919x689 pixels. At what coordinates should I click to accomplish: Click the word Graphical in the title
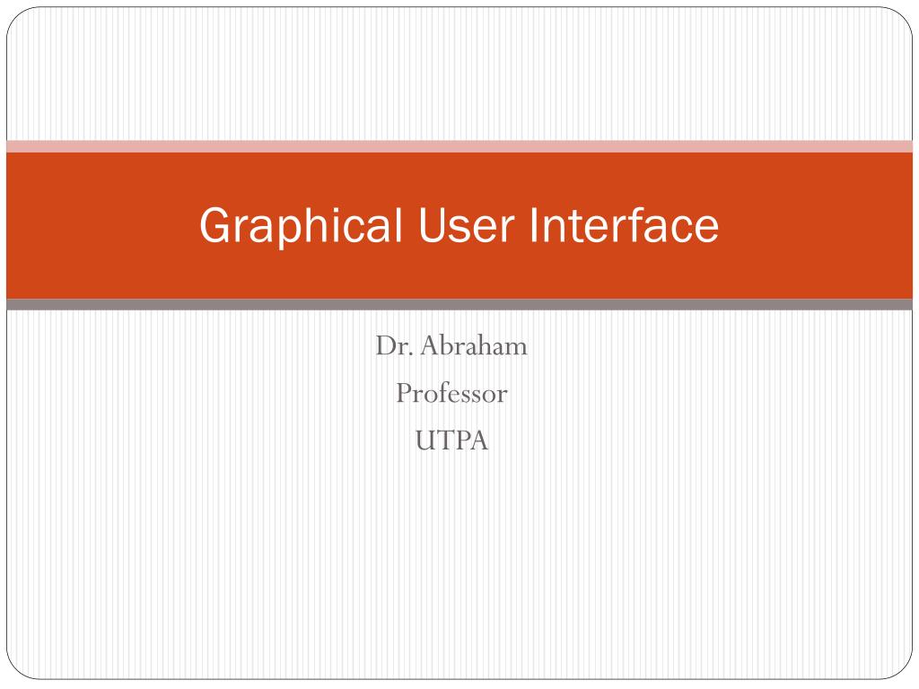301,226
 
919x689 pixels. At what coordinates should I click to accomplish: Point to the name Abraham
474,346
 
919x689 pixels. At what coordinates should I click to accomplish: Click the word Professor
451,393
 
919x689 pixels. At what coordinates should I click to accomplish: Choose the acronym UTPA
451,440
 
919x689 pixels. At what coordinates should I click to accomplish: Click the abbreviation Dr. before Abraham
392,346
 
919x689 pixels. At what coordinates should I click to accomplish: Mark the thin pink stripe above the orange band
459,146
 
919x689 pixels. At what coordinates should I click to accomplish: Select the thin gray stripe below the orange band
459,305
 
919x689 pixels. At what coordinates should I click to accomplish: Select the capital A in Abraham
430,346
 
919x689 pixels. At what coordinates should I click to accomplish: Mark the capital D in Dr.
384,346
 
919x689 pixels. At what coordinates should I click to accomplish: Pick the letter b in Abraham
446,346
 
